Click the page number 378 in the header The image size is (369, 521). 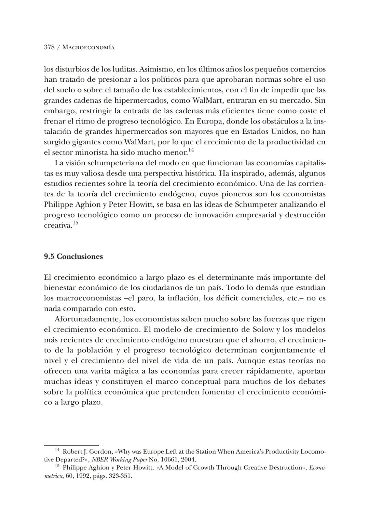(x=49, y=47)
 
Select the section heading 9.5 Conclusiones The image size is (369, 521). (x=73, y=257)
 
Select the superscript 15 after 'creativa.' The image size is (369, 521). (x=76, y=223)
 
